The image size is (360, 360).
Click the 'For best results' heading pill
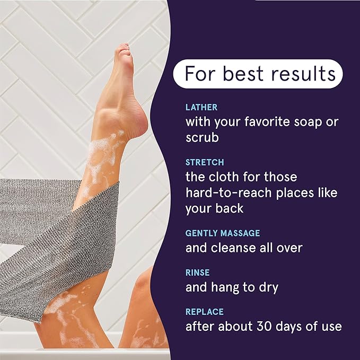tap(259, 74)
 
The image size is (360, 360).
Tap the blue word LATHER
tap(201, 107)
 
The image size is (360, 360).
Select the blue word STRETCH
tap(205, 162)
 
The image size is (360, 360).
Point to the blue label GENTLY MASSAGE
tap(223, 233)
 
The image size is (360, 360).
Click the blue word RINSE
tap(197, 273)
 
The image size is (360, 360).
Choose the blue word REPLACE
tap(205, 312)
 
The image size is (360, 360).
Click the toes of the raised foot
tap(124, 51)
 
